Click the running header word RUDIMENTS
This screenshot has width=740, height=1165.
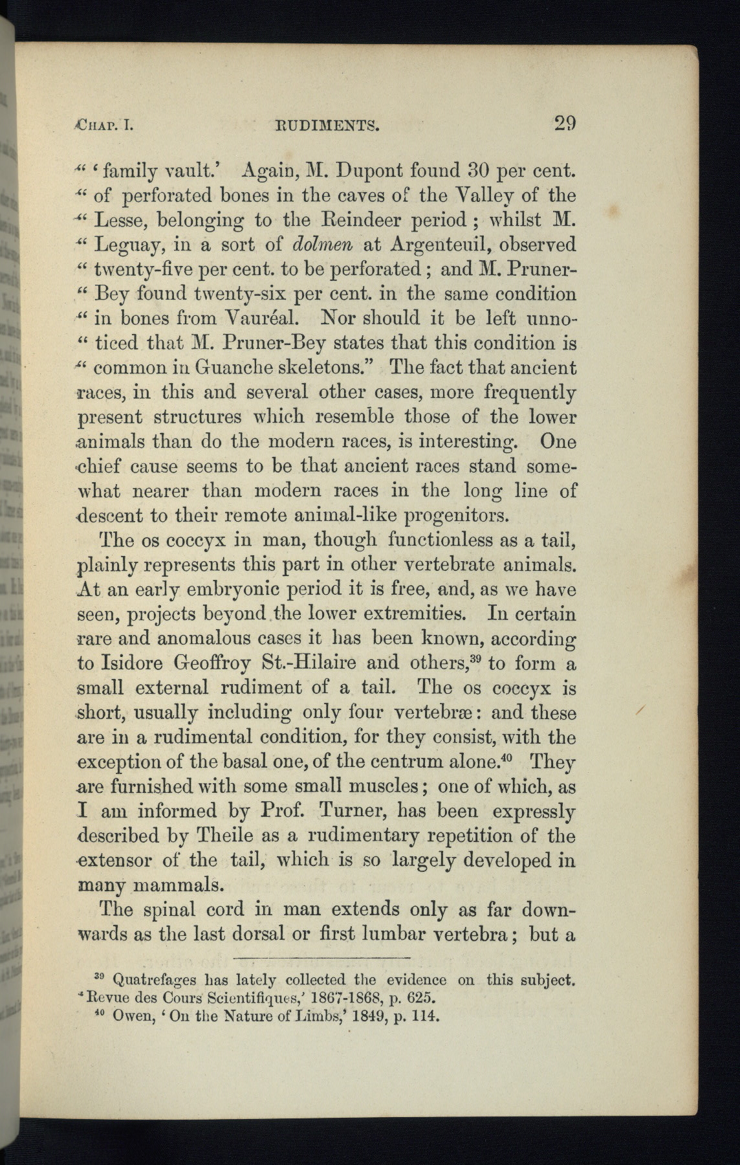tap(321, 125)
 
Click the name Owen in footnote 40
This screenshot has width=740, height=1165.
tap(133, 1015)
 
